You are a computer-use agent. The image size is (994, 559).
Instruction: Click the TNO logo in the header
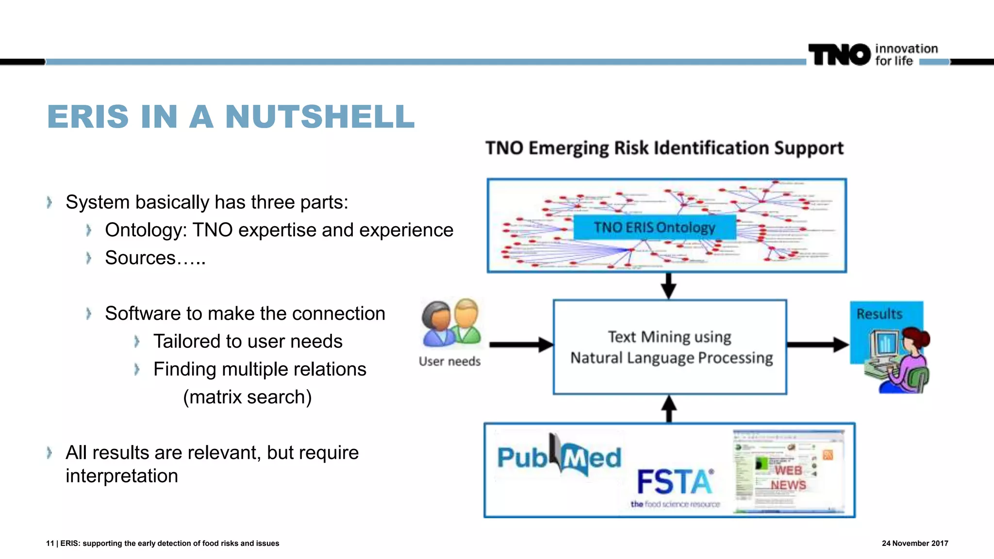(839, 54)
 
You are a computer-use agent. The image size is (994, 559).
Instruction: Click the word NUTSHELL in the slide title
(320, 117)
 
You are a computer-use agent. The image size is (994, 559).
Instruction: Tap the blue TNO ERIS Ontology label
(654, 228)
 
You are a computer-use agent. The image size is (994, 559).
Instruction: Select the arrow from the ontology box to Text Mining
(668, 286)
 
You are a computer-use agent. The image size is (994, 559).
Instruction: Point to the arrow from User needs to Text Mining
(521, 345)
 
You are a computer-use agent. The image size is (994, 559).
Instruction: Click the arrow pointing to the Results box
(817, 345)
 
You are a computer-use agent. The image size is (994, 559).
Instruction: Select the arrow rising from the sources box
(669, 409)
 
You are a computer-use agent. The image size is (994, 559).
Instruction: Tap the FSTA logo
(675, 485)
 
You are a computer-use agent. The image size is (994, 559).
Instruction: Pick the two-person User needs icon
(451, 323)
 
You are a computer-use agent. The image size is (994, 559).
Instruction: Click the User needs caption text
(449, 362)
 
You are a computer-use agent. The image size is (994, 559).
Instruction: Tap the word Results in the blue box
(879, 314)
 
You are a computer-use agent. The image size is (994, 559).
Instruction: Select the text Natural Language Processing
(671, 358)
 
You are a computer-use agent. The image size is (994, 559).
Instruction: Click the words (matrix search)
(247, 397)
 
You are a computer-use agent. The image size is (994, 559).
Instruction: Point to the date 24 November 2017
(914, 543)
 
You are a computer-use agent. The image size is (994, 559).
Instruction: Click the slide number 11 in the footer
(50, 543)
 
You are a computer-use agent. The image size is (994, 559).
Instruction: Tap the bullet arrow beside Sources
(88, 258)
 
